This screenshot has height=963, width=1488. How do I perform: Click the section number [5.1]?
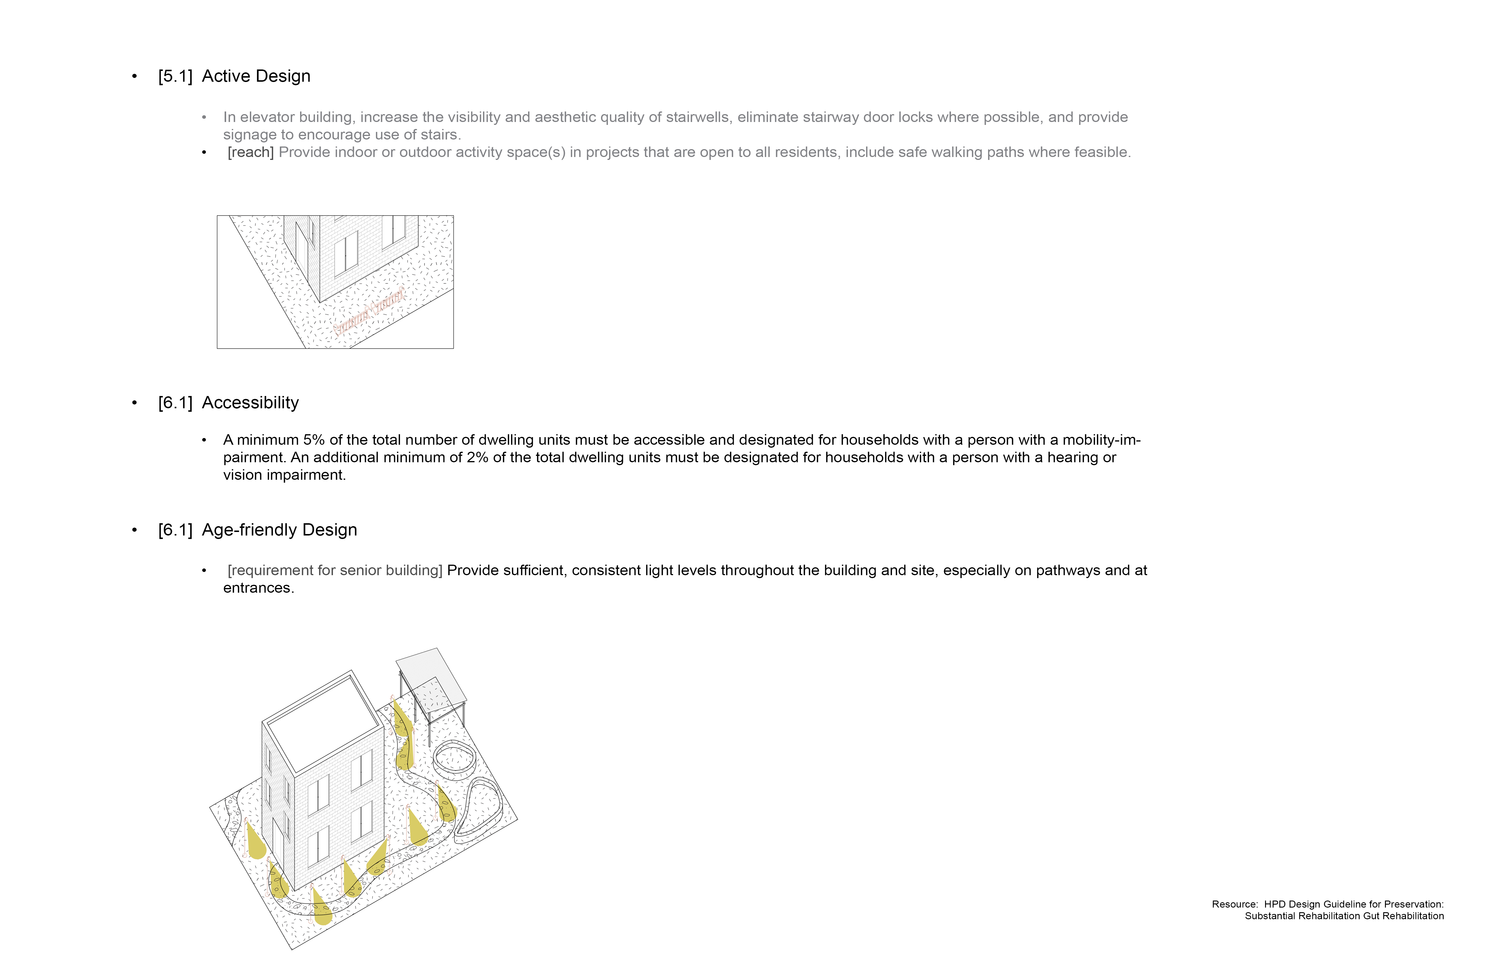(x=175, y=76)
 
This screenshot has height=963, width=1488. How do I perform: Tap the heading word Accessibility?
(x=250, y=403)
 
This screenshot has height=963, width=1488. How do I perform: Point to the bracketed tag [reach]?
(x=251, y=153)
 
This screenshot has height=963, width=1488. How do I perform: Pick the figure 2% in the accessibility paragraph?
(x=478, y=458)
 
